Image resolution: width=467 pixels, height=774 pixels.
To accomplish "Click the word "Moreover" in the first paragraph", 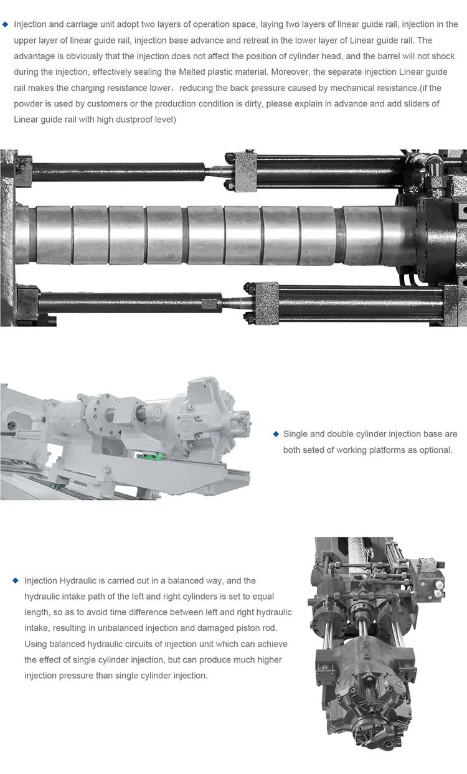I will pos(288,72).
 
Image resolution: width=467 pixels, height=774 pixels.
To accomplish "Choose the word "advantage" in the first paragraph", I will pos(32,56).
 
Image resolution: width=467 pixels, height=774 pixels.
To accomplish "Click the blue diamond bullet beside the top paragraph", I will pos(6,25).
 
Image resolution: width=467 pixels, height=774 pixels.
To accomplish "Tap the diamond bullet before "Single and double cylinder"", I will pos(275,434).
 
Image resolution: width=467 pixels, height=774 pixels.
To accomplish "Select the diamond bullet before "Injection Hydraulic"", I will pos(16,580).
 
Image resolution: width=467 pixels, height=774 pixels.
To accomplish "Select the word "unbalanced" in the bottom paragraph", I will pos(109,628).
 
